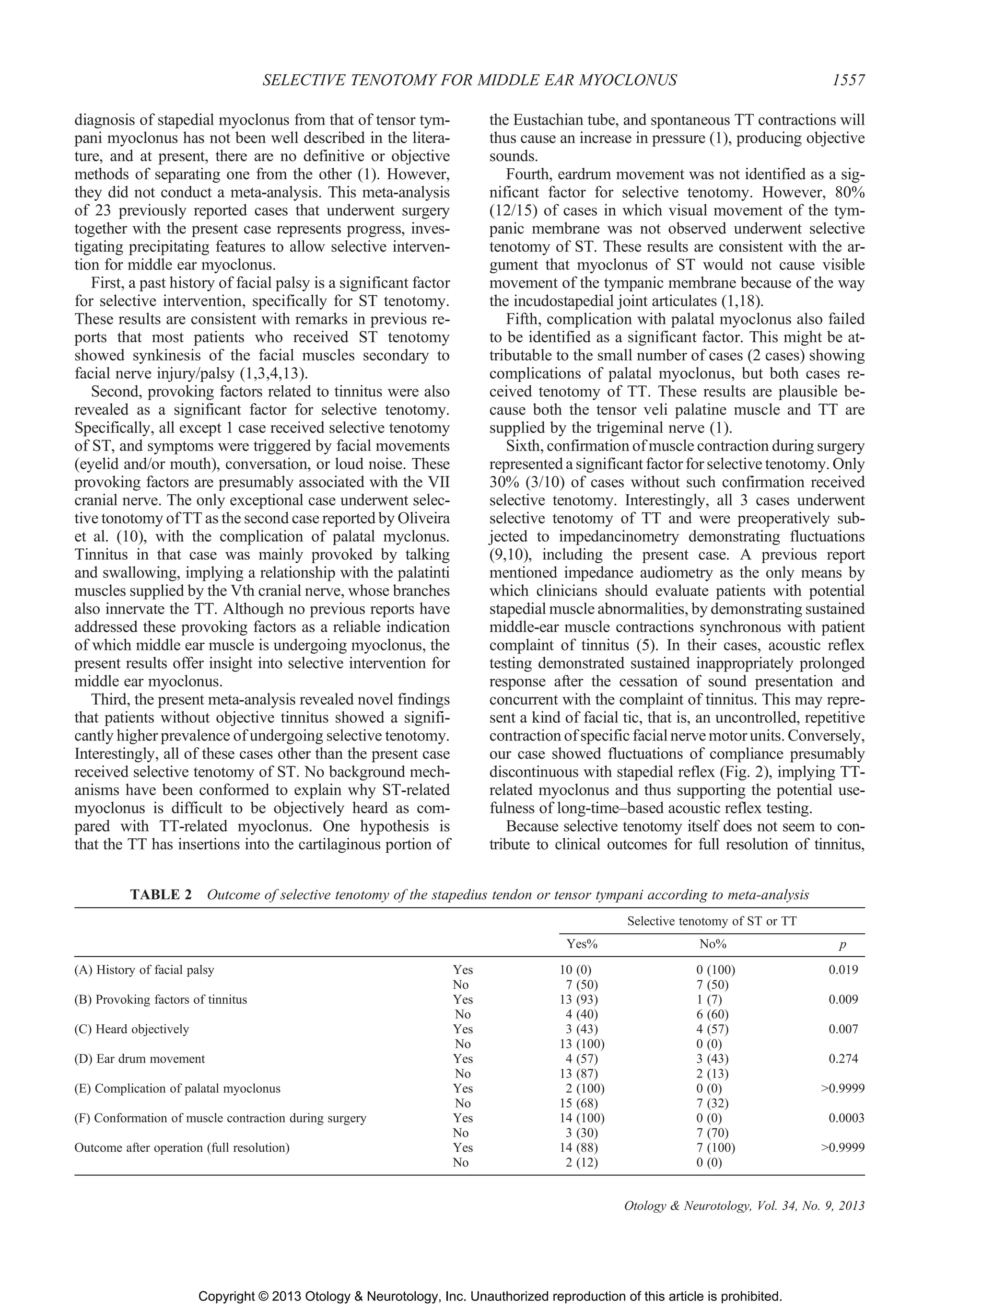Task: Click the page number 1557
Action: (848, 81)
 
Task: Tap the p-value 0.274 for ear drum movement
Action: (843, 1059)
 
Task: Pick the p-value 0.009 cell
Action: (843, 999)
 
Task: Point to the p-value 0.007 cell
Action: (843, 1029)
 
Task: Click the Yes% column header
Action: (582, 944)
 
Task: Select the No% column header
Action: (712, 944)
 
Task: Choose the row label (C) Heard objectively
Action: (131, 1029)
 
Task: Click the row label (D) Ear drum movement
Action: (140, 1059)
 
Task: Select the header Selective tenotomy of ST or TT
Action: (712, 921)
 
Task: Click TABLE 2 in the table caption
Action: (161, 894)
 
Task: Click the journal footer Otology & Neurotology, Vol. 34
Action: (744, 1206)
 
